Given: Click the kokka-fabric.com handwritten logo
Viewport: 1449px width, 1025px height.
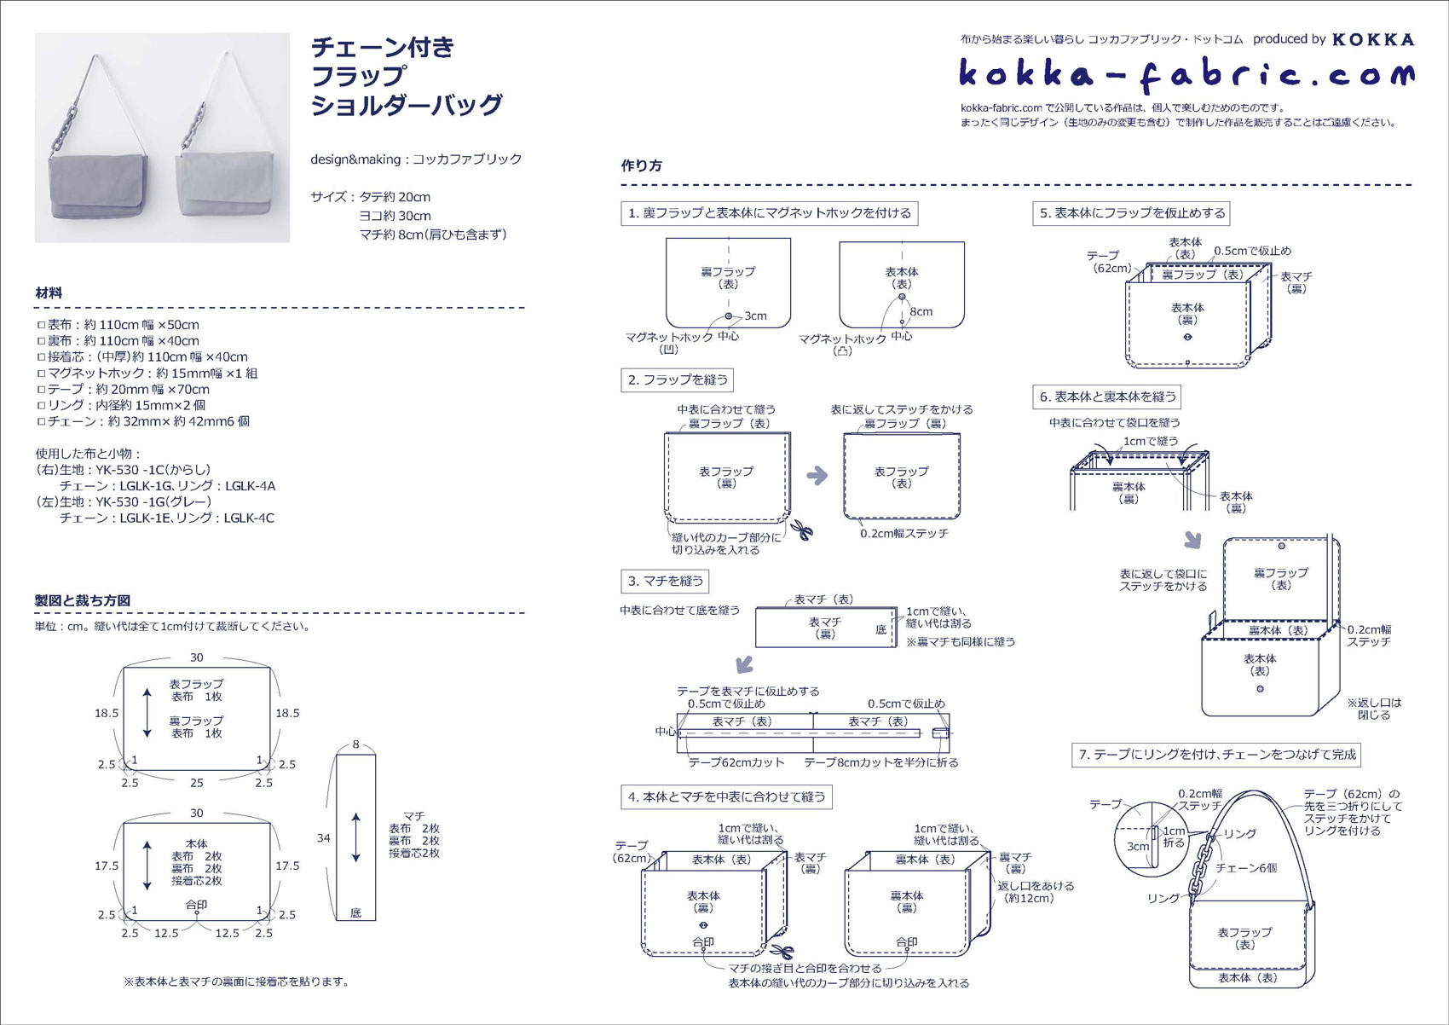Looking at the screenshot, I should [1186, 75].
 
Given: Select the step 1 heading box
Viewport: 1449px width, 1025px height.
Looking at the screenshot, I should [770, 213].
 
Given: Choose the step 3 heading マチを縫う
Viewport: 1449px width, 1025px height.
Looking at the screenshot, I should [665, 582].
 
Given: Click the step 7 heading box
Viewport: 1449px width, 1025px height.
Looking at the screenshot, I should [1216, 755].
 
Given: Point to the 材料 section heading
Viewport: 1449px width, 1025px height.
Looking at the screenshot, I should [49, 292].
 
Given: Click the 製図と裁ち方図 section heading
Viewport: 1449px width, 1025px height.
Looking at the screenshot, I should [83, 600].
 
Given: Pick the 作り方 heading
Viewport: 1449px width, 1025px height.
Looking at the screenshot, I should [641, 165].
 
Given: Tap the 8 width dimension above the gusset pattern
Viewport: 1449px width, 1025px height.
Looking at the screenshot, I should [355, 744].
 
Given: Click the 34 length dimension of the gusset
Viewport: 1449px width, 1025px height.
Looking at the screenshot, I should [323, 838].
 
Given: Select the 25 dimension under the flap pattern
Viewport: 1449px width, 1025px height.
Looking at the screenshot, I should [197, 783].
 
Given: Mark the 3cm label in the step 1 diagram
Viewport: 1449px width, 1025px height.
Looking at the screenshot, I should [755, 316].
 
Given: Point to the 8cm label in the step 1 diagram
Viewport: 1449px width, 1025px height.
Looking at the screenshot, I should [921, 311].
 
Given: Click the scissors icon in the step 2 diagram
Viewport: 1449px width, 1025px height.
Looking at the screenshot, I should [801, 530].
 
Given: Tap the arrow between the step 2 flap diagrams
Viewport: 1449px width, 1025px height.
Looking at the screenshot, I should [817, 476].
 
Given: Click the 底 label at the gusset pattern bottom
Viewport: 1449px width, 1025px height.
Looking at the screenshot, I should [355, 912].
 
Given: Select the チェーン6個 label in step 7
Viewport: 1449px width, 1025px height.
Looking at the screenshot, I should [1246, 867].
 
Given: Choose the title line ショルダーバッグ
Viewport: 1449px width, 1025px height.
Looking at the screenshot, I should [407, 105].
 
